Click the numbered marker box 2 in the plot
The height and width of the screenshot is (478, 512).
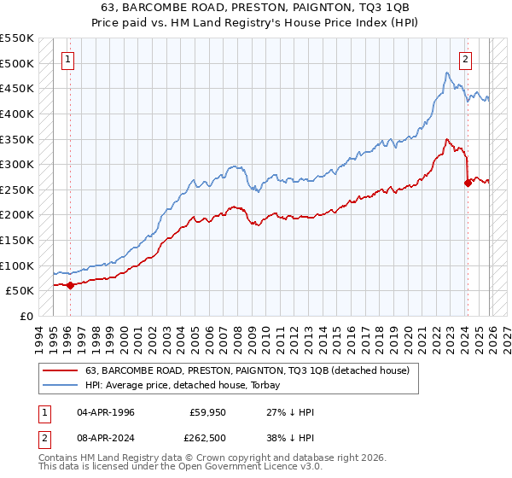[x=466, y=60]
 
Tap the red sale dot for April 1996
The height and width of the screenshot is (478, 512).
[x=70, y=286]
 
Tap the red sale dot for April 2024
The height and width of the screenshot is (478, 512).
[x=468, y=183]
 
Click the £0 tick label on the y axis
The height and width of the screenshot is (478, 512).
[x=26, y=316]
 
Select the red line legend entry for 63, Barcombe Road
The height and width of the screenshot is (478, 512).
[x=247, y=370]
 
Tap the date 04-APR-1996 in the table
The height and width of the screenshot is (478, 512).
[x=106, y=412]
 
